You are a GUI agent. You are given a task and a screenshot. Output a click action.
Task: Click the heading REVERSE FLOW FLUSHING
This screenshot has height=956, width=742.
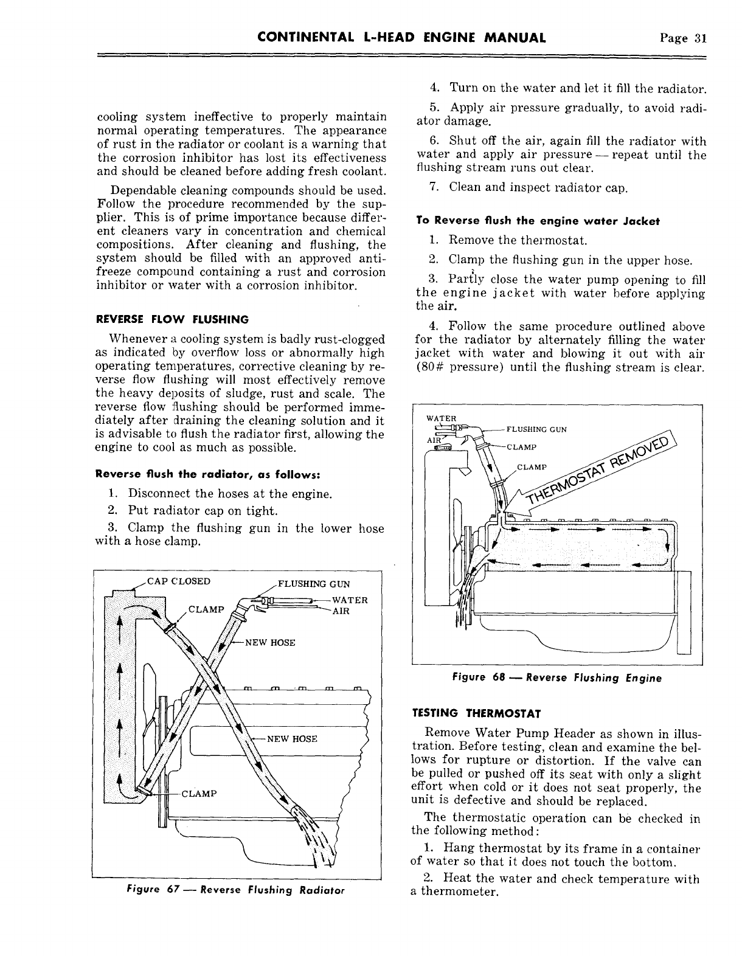tap(172, 319)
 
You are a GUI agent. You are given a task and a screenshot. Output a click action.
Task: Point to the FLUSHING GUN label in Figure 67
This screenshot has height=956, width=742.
tap(313, 585)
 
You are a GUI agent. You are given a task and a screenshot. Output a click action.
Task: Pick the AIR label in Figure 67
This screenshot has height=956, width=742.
tap(341, 611)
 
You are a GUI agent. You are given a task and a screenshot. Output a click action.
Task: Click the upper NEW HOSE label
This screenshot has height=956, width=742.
tap(269, 643)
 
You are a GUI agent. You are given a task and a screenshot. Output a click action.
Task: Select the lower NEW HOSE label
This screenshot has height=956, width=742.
tap(293, 740)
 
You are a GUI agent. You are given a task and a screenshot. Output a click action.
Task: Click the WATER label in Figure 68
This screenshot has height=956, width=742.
tap(441, 418)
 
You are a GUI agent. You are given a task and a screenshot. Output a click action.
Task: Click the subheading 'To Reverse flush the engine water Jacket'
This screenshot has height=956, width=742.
tap(538, 221)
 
